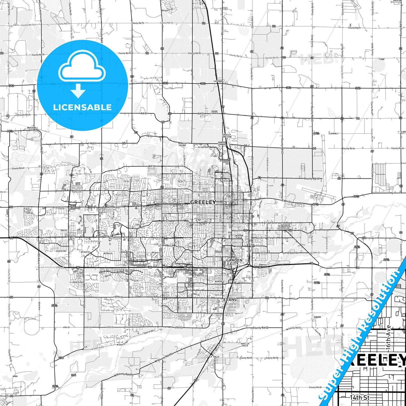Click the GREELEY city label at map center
203,202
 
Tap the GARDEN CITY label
234,262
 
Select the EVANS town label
230,300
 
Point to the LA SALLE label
214,357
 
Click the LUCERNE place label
218,81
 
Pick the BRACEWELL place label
33,128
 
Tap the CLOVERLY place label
334,133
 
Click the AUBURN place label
317,317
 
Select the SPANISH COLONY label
182,144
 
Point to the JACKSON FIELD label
239,237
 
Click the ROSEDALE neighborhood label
219,281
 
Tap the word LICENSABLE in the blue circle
82,107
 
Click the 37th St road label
119,297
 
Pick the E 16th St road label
269,223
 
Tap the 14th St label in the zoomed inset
360,397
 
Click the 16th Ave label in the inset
388,337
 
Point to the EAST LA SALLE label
245,344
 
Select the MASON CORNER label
214,112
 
